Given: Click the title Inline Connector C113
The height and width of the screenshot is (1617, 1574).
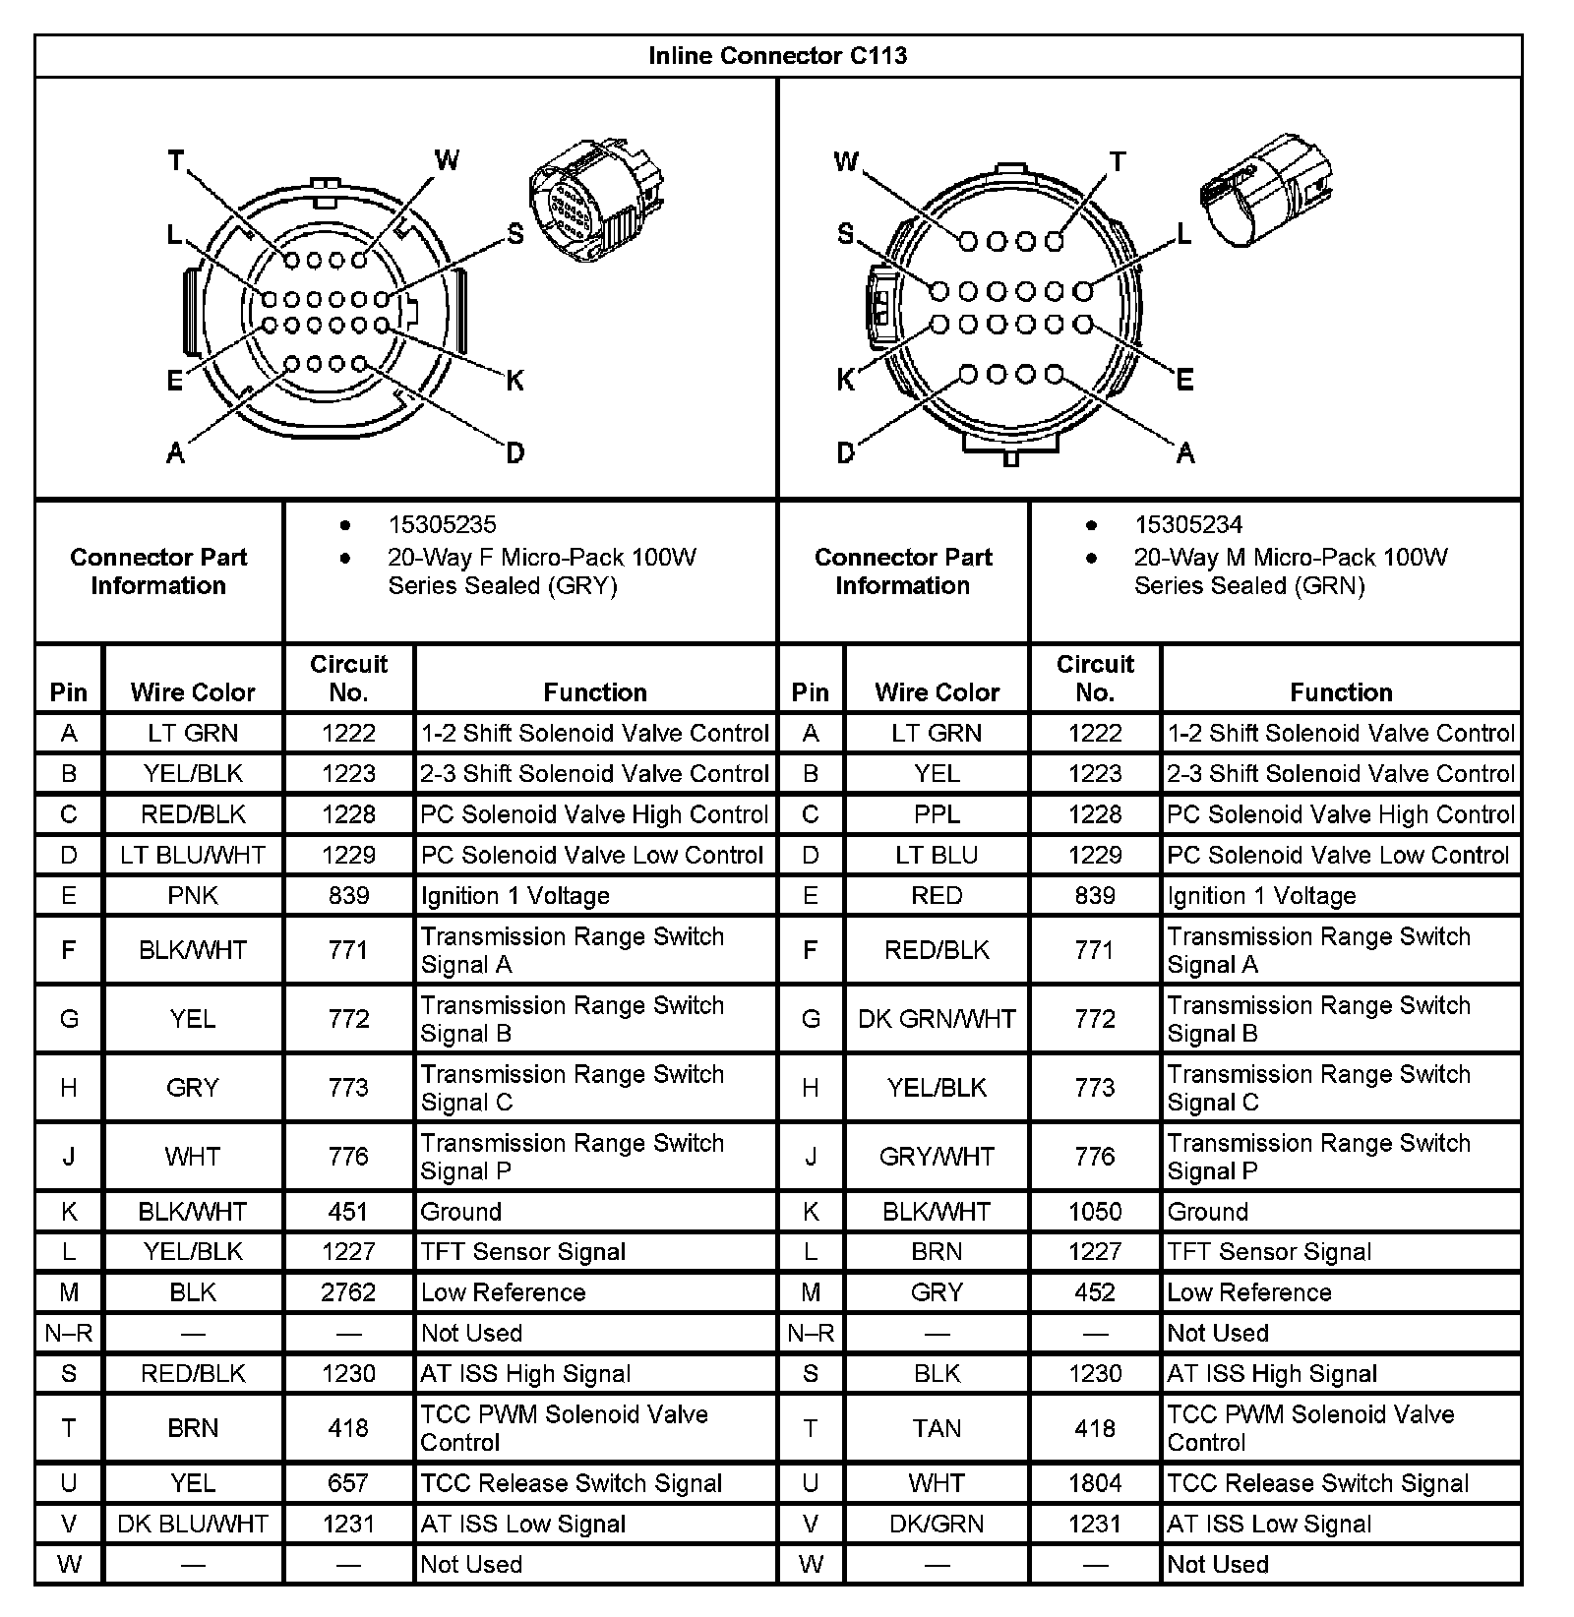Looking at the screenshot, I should pyautogui.click(x=777, y=56).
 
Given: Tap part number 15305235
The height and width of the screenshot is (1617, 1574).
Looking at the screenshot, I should pyautogui.click(x=442, y=525).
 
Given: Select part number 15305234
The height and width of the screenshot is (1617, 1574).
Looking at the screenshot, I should pyautogui.click(x=1188, y=525).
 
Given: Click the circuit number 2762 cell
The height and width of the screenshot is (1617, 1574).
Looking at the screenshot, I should pyautogui.click(x=348, y=1292).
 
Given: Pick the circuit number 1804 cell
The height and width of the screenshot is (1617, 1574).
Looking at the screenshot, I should pyautogui.click(x=1095, y=1483).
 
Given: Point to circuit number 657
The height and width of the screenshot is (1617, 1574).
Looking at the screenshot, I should pyautogui.click(x=348, y=1483).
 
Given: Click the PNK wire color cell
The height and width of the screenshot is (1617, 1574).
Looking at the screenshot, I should pyautogui.click(x=193, y=896).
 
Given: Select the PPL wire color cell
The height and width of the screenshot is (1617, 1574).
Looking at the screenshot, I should pyautogui.click(x=937, y=814).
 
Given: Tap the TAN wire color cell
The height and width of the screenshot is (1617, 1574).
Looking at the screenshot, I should pyautogui.click(x=937, y=1428).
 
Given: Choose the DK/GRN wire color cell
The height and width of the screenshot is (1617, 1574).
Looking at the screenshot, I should pyautogui.click(x=937, y=1524).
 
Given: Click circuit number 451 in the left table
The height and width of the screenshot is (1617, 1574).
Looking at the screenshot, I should pyautogui.click(x=348, y=1212).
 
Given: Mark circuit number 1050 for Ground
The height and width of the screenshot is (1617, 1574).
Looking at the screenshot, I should pyautogui.click(x=1095, y=1212).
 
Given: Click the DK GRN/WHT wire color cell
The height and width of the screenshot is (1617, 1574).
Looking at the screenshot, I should pyautogui.click(x=937, y=1019).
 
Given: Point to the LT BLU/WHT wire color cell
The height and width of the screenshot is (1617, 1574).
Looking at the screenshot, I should pyautogui.click(x=193, y=856).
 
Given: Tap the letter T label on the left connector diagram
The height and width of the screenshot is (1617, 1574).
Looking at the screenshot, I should pyautogui.click(x=176, y=160).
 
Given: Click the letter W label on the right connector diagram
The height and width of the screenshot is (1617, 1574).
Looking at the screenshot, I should pyautogui.click(x=846, y=161).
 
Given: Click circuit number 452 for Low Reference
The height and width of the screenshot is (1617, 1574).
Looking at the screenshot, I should pyautogui.click(x=1095, y=1292).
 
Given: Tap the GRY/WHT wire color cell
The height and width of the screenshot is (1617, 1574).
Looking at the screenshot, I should pyautogui.click(x=937, y=1157).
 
